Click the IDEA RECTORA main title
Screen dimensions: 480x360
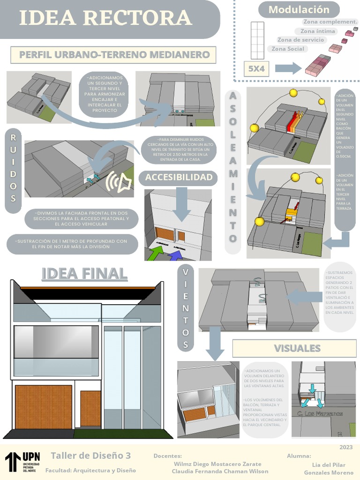[x=105, y=18]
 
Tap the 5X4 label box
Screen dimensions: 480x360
[x=256, y=68]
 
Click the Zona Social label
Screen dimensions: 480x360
[x=288, y=49]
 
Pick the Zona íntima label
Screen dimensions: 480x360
[x=318, y=31]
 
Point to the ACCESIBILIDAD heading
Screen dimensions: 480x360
[x=178, y=178]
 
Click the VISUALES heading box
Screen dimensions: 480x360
[x=297, y=348]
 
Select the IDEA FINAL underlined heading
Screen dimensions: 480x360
[x=84, y=273]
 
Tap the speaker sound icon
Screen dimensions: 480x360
[x=119, y=182]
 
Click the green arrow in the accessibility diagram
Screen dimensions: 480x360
[x=157, y=253]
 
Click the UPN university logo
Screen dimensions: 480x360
[x=22, y=462]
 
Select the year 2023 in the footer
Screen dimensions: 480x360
[x=346, y=447]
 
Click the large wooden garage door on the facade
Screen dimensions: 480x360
[x=43, y=407]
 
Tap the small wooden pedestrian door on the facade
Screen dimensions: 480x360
[x=90, y=408]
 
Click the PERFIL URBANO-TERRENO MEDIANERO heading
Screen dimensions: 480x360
[x=114, y=55]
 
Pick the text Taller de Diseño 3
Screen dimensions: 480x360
[x=90, y=456]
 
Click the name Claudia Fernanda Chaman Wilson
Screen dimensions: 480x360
[x=220, y=471]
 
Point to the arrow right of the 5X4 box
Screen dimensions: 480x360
[x=288, y=68]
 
